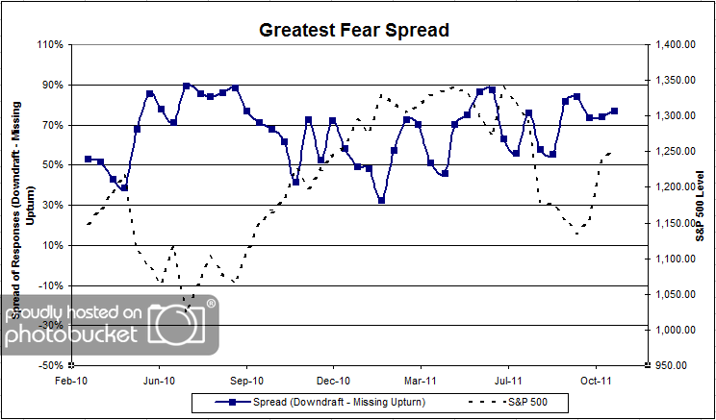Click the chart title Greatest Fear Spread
coord(354,30)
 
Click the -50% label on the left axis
coord(51,366)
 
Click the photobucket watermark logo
coord(111,325)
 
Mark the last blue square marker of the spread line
coord(614,111)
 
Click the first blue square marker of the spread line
coord(88,159)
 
